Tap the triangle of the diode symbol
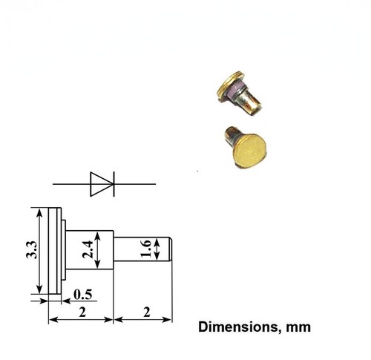99,183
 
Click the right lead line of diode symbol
134,183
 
